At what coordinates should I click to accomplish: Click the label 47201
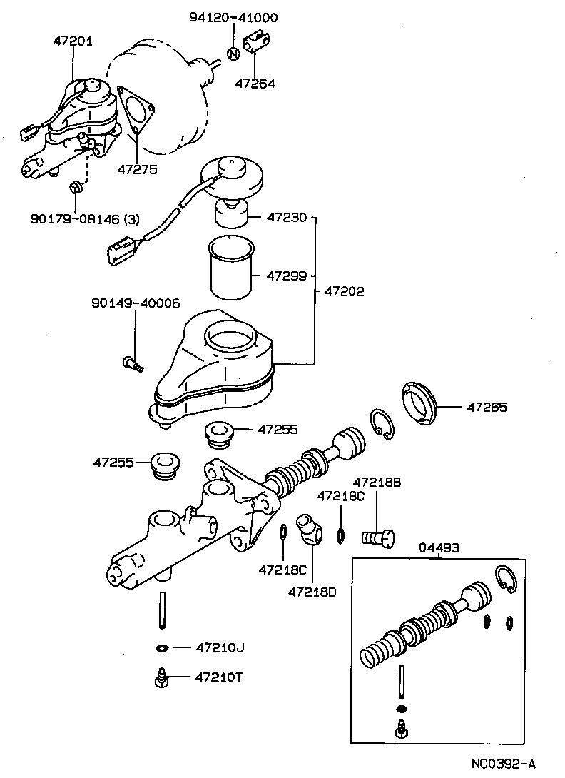coord(72,41)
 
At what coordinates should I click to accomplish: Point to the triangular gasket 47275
coord(135,111)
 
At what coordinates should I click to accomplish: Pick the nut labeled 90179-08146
coord(76,188)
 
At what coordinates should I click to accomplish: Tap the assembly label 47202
coord(344,291)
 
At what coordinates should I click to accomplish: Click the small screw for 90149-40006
coord(131,365)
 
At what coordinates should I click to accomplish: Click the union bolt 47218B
coord(379,535)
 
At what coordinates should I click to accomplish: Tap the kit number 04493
coord(438,547)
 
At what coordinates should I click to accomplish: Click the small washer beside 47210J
coord(163,648)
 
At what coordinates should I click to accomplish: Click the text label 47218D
coord(312,591)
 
